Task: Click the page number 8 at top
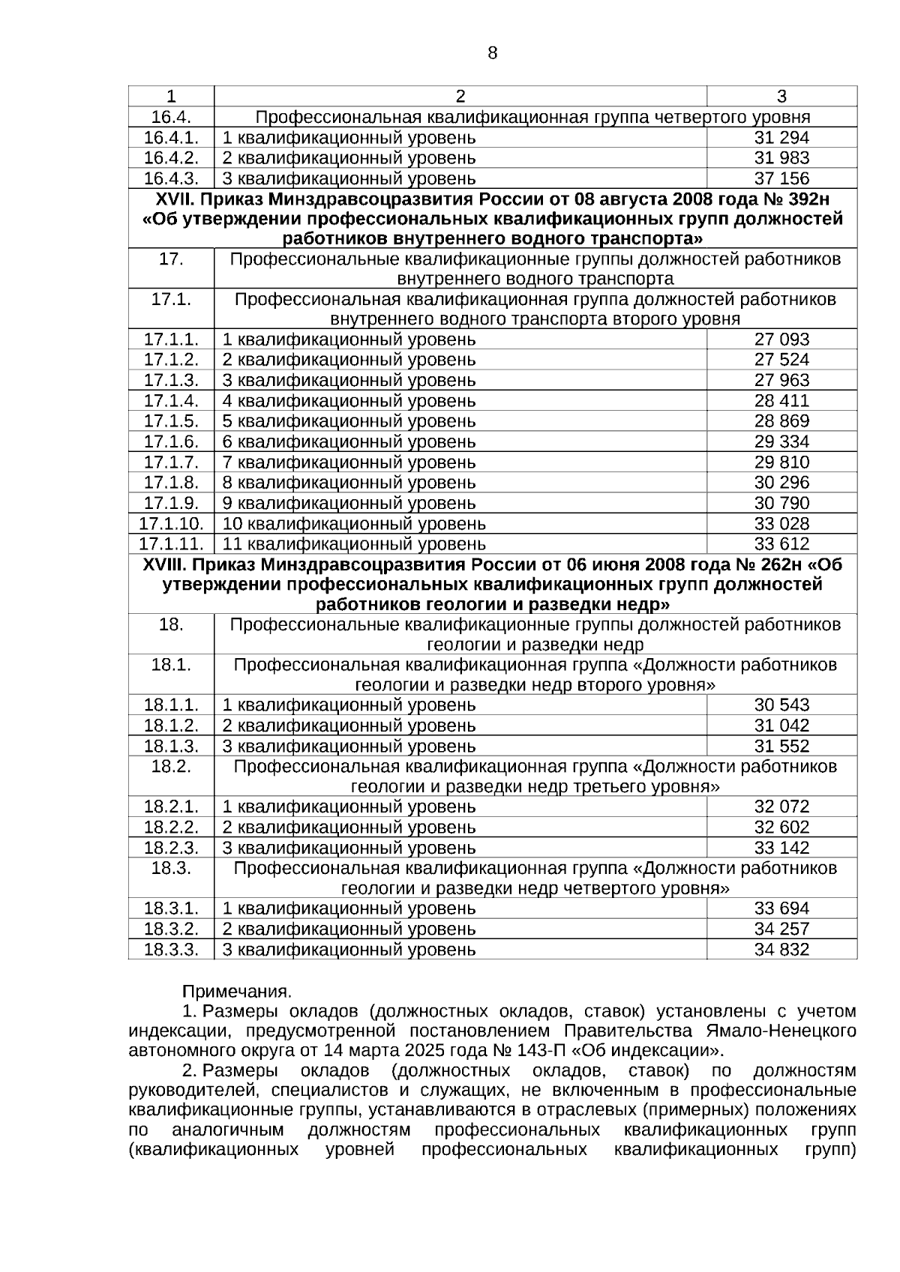pyautogui.click(x=492, y=53)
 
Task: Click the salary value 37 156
pyautogui.click(x=781, y=178)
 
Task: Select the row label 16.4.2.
pyautogui.click(x=171, y=158)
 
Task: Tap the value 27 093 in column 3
pyautogui.click(x=781, y=340)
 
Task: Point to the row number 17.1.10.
pyautogui.click(x=171, y=523)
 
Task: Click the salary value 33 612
pyautogui.click(x=781, y=543)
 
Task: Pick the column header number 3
pyautogui.click(x=781, y=96)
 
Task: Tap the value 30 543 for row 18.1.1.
pyautogui.click(x=781, y=705)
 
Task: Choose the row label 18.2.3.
pyautogui.click(x=171, y=848)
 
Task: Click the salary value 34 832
pyautogui.click(x=781, y=950)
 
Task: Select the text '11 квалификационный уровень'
pyautogui.click(x=354, y=544)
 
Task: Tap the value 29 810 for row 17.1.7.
pyautogui.click(x=781, y=462)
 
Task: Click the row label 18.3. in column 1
pyautogui.click(x=171, y=869)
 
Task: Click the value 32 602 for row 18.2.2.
pyautogui.click(x=781, y=828)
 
